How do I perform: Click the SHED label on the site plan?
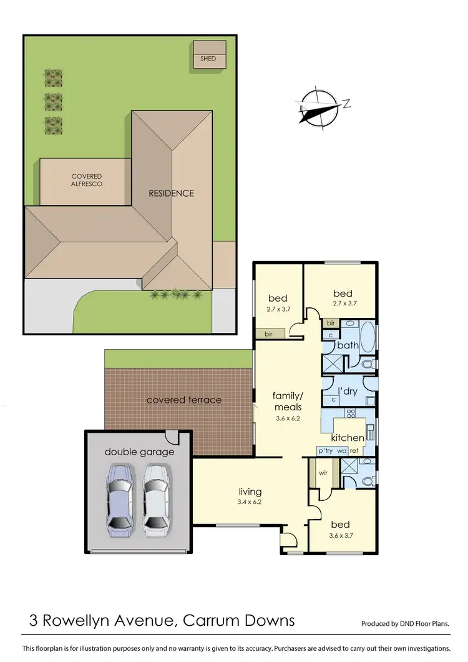(208, 59)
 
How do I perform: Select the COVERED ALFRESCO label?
(87, 180)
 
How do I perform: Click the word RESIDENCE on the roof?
(171, 193)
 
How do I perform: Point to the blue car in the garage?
(120, 500)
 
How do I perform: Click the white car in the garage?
(155, 500)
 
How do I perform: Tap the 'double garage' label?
(139, 452)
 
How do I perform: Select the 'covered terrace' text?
(183, 400)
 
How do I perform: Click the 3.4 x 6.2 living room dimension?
(250, 503)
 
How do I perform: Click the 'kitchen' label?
(348, 438)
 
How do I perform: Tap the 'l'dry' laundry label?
(348, 392)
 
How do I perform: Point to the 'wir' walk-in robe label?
(323, 473)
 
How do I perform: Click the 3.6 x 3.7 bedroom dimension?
(341, 536)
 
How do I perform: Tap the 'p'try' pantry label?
(326, 450)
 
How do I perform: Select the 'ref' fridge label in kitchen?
(354, 450)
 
